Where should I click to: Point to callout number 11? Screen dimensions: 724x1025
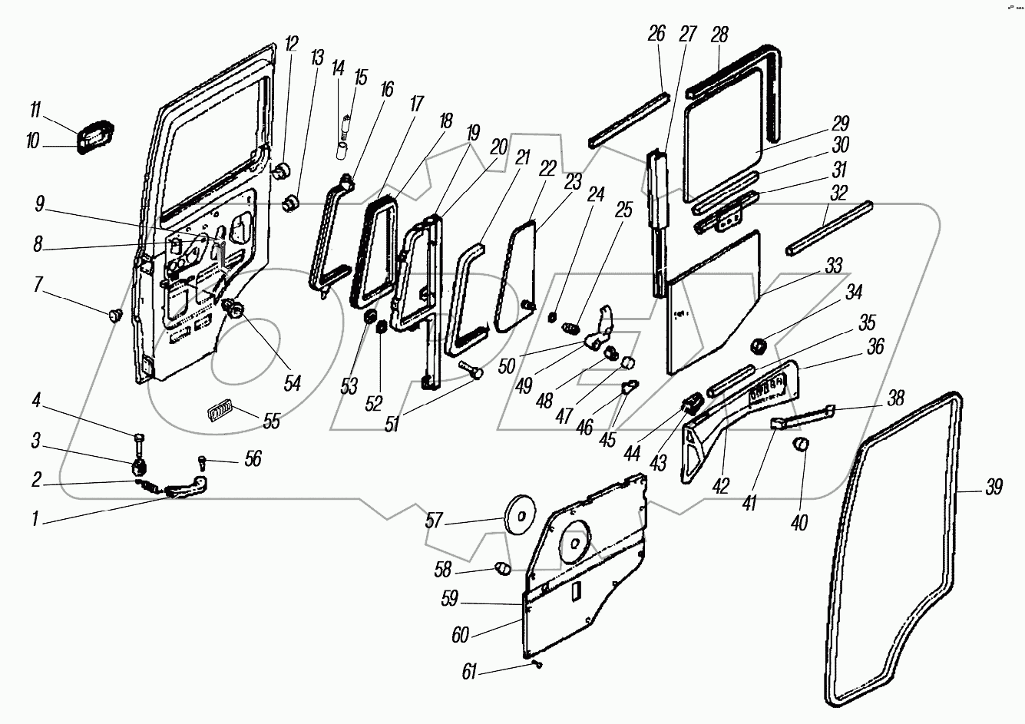(35, 111)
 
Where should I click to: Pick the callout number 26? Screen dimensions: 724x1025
(656, 34)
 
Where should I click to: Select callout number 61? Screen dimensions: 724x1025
(469, 673)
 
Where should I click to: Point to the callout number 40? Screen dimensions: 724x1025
(799, 524)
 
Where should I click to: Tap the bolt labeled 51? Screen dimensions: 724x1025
(471, 372)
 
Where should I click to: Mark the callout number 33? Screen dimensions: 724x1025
(834, 266)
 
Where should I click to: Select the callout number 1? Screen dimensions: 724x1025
(35, 519)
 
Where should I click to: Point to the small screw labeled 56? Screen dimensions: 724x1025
(202, 461)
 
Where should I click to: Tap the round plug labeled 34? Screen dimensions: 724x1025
(759, 345)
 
